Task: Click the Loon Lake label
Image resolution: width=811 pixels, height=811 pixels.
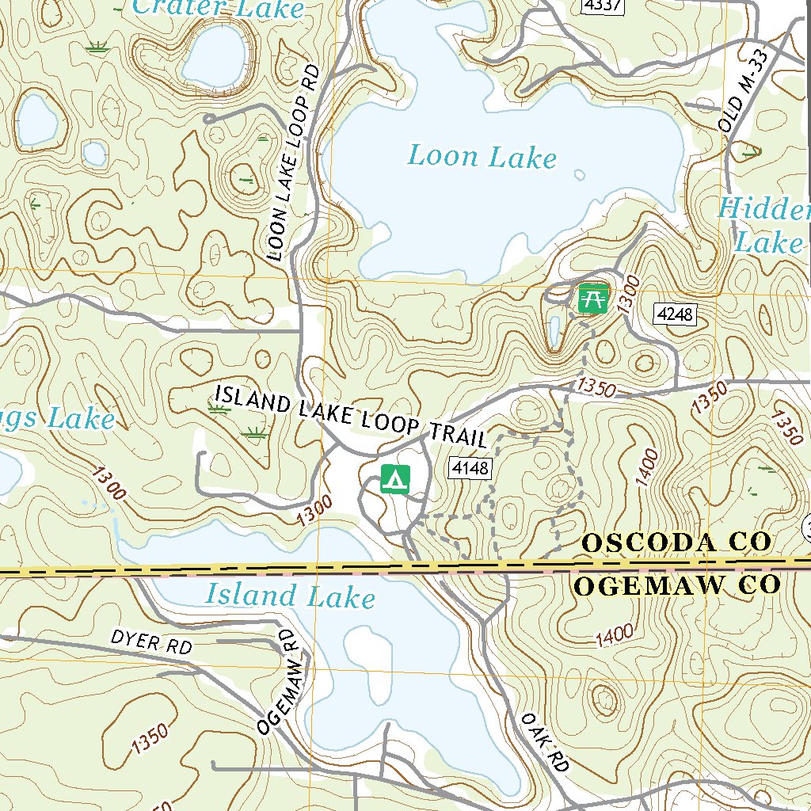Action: (x=482, y=156)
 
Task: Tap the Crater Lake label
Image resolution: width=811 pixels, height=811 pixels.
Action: (x=218, y=9)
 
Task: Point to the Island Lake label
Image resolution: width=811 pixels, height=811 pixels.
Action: (x=290, y=595)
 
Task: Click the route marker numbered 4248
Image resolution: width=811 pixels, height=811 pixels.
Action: (x=674, y=314)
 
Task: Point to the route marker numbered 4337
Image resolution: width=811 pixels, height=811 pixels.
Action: (x=603, y=6)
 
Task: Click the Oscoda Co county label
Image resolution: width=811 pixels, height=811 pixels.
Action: (x=676, y=543)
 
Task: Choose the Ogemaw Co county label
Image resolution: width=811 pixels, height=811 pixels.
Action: (x=677, y=586)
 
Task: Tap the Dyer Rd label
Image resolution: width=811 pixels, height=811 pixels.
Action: (x=151, y=642)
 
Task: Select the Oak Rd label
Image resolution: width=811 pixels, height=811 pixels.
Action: (x=545, y=742)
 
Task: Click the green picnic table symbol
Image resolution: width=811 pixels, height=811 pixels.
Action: (x=593, y=299)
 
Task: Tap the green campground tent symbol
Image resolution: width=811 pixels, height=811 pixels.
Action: (x=396, y=478)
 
